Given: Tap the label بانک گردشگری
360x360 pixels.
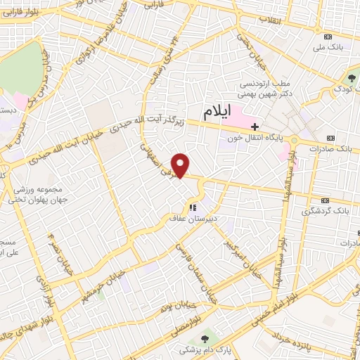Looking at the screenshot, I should [x=330, y=210].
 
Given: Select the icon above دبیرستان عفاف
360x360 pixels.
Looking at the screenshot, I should [x=192, y=207].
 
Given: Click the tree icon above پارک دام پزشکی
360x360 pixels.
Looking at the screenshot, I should [x=206, y=338].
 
